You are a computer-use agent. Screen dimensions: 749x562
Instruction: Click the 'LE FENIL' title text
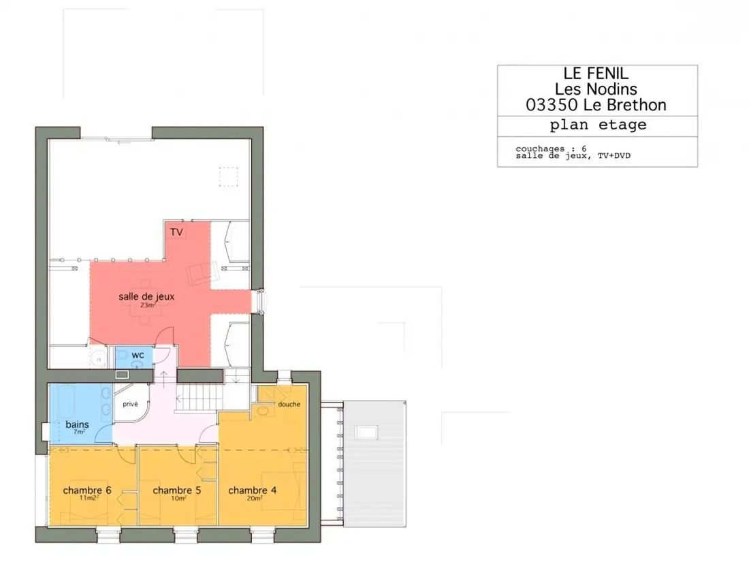[x=596, y=73]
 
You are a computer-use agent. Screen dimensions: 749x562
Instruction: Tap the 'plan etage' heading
[x=598, y=125]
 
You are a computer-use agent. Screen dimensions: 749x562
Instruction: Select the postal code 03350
[x=552, y=105]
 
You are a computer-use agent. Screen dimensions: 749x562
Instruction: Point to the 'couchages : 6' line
[x=551, y=149]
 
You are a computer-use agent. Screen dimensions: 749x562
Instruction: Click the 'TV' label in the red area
[x=176, y=232]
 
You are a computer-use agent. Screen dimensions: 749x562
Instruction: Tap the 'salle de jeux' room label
[x=146, y=296]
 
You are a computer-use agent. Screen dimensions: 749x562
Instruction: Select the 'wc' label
[x=138, y=355]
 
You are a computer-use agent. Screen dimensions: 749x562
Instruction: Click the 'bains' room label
[x=78, y=424]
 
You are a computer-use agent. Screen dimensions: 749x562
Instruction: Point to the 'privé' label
[x=130, y=404]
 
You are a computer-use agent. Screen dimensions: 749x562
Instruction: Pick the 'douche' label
[x=289, y=404]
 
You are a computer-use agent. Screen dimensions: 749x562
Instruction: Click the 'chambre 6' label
[x=87, y=490]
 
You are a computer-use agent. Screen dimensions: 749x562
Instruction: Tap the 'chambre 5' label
[x=177, y=490]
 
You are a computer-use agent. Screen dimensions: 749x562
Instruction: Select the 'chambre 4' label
[x=252, y=490]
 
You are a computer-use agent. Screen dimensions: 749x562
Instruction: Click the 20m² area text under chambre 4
[x=255, y=499]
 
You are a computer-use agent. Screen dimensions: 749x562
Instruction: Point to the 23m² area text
[x=148, y=305]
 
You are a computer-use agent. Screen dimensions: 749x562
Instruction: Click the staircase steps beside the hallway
[x=200, y=398]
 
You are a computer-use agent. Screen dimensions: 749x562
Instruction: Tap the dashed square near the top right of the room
[x=228, y=176]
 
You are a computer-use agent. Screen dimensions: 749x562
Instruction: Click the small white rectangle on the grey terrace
[x=366, y=433]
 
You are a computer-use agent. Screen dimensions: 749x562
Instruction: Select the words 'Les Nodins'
[x=596, y=89]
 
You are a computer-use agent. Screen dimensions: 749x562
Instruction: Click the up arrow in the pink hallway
[x=163, y=379]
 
